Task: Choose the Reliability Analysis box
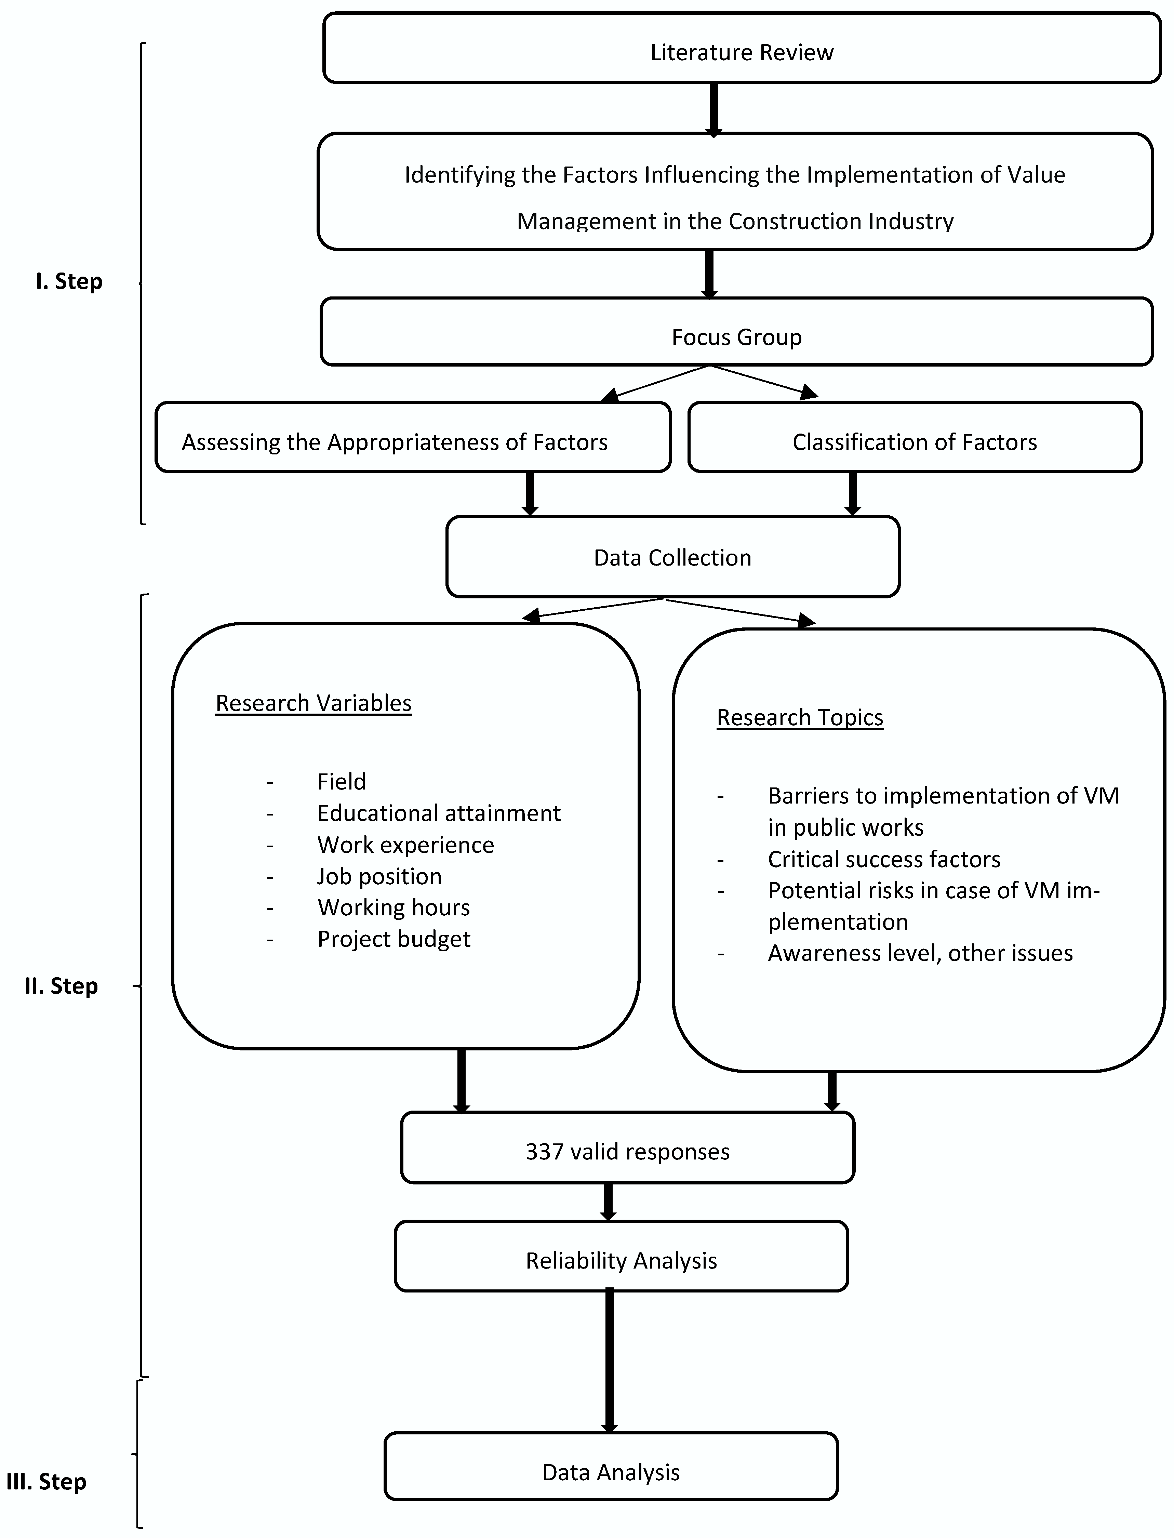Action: coord(621,1260)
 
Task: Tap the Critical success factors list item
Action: coord(884,859)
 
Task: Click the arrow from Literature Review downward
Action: coord(713,108)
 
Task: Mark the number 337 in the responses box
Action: coord(544,1151)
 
